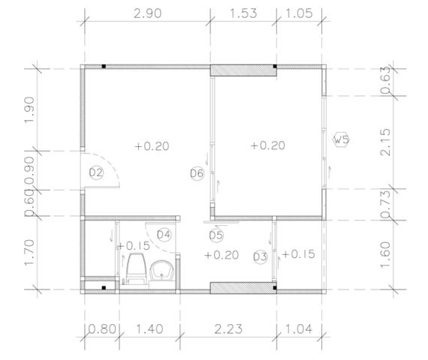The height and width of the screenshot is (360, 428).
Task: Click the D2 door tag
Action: pos(96,172)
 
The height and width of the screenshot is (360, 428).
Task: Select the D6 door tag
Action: pos(197,173)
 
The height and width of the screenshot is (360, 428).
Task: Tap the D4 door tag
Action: pos(164,235)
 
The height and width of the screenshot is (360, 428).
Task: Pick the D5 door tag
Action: pos(216,235)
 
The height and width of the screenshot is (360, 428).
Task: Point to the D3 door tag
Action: pos(261,256)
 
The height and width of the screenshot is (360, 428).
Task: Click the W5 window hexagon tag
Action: pos(341,140)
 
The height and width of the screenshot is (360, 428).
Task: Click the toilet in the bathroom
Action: pos(135,268)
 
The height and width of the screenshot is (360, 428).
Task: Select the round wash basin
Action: pos(162,271)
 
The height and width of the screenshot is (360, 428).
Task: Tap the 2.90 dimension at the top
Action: pos(148,13)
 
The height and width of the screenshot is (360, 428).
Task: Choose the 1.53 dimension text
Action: pos(243,13)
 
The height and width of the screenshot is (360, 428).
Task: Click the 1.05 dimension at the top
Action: pos(299,13)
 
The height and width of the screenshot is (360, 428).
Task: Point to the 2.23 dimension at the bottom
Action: pos(228,329)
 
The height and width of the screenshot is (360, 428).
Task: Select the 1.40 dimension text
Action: pos(149,329)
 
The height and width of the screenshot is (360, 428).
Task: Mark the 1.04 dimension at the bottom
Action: pos(299,329)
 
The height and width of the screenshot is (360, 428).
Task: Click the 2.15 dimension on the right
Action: pos(385,142)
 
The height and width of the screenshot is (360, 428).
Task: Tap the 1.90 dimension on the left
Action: pos(29,110)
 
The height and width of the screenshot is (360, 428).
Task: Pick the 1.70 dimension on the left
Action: pos(29,253)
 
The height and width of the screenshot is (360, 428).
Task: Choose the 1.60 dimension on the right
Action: pos(385,255)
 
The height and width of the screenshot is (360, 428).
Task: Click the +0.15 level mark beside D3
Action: pos(299,254)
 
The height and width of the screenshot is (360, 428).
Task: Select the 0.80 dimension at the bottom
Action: pos(102,329)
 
